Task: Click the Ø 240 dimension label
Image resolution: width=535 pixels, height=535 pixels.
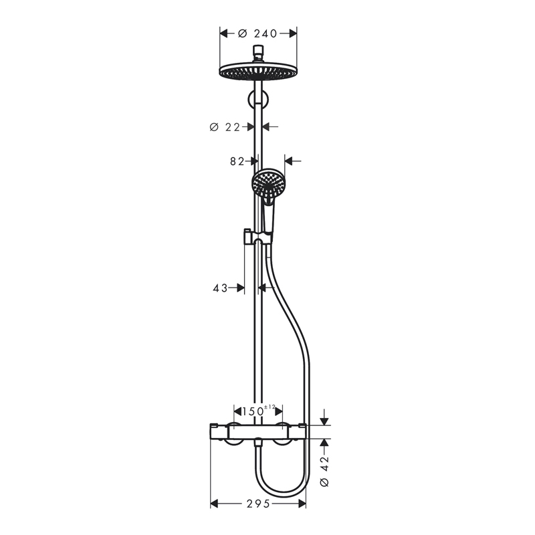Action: [x=258, y=33]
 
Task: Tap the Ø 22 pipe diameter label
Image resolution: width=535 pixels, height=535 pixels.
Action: [x=225, y=127]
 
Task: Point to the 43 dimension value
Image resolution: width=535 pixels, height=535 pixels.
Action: [x=220, y=288]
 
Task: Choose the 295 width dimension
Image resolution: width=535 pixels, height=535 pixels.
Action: [x=258, y=504]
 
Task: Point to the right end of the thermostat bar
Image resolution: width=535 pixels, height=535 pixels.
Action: [x=304, y=431]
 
